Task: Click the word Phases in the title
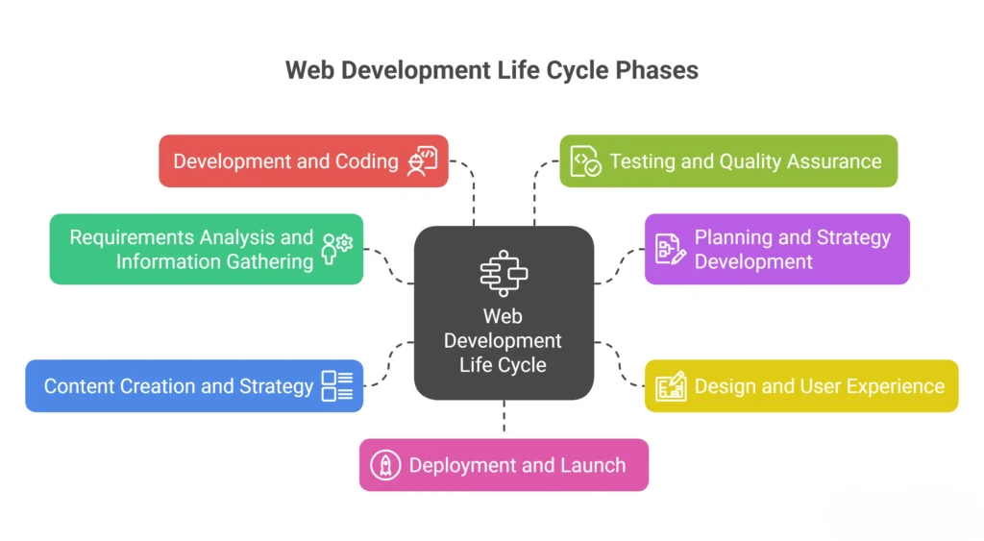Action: (x=656, y=70)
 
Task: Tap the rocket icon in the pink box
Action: (x=385, y=465)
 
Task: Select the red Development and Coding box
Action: (x=304, y=161)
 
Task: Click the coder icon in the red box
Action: (x=423, y=161)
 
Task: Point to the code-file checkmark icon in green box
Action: (x=585, y=161)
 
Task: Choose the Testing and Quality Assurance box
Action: (x=728, y=161)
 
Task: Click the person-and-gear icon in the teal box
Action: (x=337, y=249)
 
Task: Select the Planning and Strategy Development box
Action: (x=776, y=249)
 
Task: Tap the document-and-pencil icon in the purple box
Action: (x=670, y=249)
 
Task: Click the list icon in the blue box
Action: (x=337, y=385)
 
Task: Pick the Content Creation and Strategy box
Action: (x=194, y=386)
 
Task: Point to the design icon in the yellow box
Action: (x=671, y=386)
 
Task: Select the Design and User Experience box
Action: (x=801, y=386)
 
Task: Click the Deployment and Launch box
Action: (x=504, y=465)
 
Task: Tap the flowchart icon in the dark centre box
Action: (x=504, y=273)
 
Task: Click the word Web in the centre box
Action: (x=503, y=316)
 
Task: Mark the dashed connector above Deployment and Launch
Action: (x=504, y=417)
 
